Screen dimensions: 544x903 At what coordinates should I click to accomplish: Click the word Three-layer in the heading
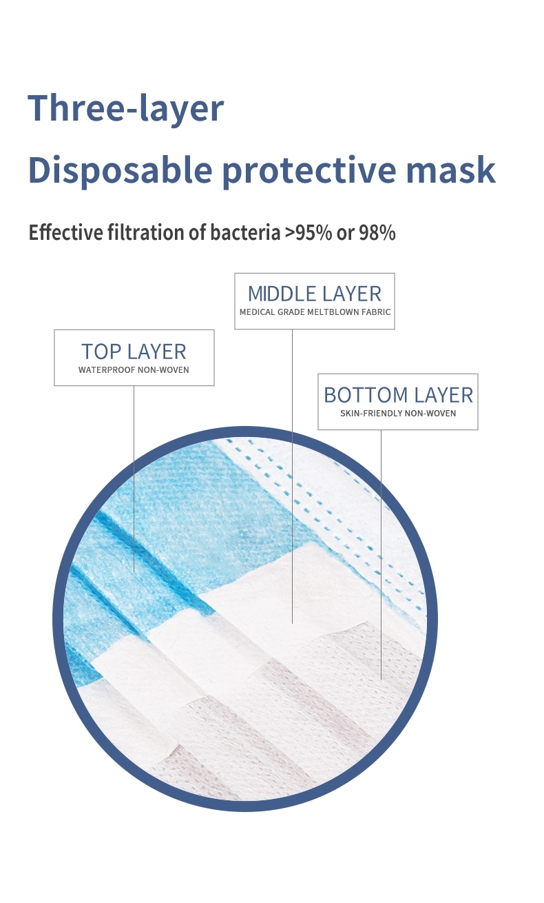[125, 108]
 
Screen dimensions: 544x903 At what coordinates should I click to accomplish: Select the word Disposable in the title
[120, 170]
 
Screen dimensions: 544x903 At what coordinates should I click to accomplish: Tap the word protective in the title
[309, 170]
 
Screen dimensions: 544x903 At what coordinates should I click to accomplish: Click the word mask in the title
[450, 170]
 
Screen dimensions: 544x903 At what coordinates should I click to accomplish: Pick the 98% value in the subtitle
[377, 232]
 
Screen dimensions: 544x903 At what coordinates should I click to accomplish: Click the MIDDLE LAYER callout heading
[315, 294]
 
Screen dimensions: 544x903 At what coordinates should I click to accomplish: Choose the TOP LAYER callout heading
[134, 351]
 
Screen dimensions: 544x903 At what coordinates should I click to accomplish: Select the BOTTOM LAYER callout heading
[398, 395]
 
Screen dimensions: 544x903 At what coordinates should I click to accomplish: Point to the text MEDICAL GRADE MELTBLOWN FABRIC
[315, 312]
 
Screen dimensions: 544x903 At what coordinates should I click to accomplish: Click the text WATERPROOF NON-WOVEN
[134, 369]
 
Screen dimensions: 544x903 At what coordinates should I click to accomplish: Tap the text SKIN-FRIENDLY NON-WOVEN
[398, 413]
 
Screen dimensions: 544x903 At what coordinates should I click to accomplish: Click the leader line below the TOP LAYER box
[134, 479]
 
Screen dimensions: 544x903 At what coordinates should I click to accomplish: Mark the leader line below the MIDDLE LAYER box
[293, 476]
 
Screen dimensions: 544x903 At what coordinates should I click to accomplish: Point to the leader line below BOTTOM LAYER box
[381, 555]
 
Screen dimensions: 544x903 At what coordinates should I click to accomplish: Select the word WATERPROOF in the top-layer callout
[107, 369]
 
